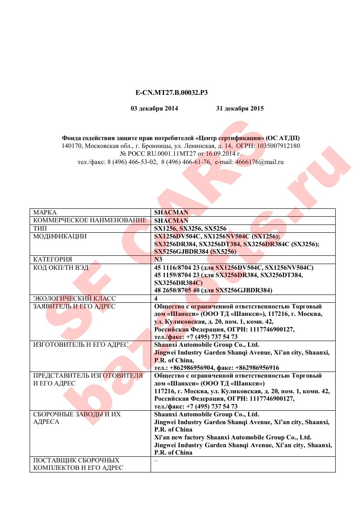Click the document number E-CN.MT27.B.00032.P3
(x=172, y=92)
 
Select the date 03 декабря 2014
(x=155, y=108)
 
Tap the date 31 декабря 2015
(x=240, y=108)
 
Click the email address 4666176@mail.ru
(x=259, y=162)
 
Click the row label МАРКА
(x=45, y=213)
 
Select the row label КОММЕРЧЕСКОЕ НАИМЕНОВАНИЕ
(x=90, y=221)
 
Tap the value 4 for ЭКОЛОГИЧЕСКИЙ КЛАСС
(x=156, y=298)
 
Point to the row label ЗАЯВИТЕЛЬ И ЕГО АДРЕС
(x=74, y=306)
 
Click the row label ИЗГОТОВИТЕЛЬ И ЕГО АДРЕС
(x=81, y=345)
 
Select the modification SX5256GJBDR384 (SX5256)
(x=195, y=251)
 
